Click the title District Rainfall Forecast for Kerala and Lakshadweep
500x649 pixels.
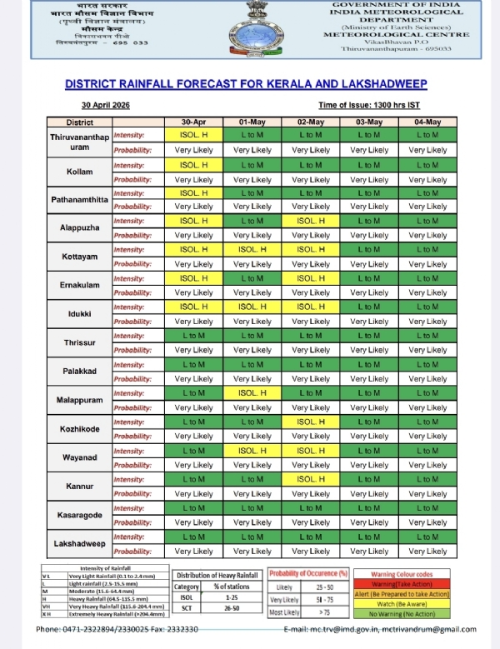coord(246,84)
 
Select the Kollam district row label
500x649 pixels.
coord(79,172)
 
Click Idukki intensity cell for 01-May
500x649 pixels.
coord(252,307)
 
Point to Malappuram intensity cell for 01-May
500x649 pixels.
coord(252,393)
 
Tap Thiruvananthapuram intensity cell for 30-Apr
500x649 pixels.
coord(194,135)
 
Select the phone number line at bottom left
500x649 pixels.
coord(117,628)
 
